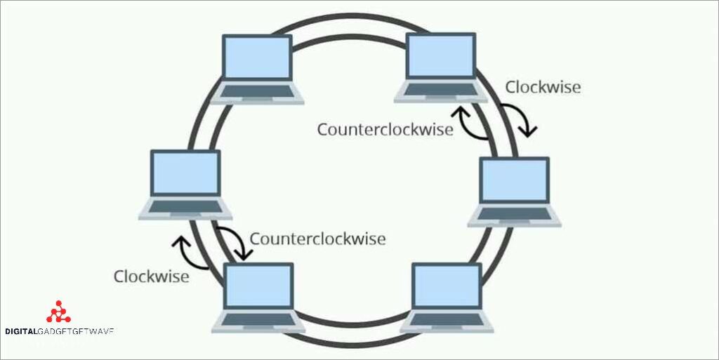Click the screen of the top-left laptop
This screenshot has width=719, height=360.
pos(257,58)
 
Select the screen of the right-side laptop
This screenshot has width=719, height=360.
pos(514,181)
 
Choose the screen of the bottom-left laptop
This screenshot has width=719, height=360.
pos(258,287)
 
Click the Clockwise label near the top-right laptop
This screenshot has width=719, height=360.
pos(543,88)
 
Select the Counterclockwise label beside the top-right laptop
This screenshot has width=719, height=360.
pos(385,130)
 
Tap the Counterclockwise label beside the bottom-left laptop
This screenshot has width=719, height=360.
pos(317,239)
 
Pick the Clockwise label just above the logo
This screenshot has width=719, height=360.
pos(151,276)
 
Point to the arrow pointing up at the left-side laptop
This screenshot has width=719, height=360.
pos(189,252)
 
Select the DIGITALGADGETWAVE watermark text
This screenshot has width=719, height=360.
pos(59,331)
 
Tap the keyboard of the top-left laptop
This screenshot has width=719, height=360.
pos(257,92)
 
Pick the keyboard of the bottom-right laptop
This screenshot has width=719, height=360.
pos(447,321)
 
